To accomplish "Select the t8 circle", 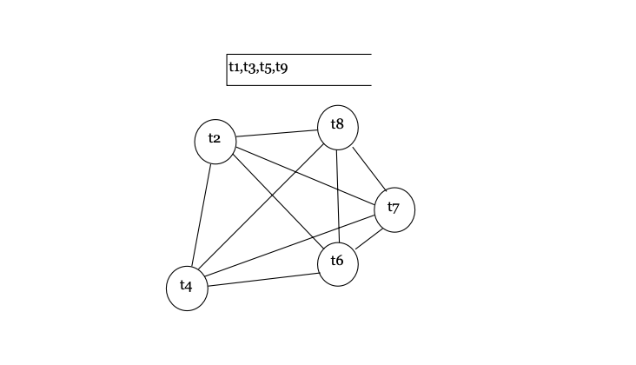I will point(337,126).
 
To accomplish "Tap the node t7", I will point(394,209).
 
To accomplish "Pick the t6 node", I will point(337,264).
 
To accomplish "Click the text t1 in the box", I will point(235,67).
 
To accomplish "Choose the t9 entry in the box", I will point(282,67).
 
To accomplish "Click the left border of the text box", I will point(227,70).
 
